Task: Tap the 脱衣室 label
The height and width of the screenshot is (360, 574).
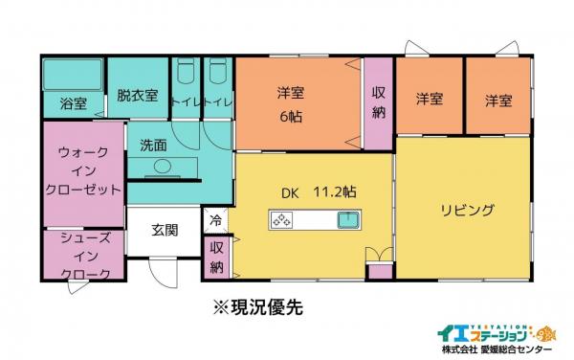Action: click(136, 97)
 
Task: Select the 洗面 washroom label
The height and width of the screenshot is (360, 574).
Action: click(153, 146)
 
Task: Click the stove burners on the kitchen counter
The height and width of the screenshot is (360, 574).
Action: click(284, 222)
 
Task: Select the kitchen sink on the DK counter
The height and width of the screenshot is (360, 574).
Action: click(347, 222)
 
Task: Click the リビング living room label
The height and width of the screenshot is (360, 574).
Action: click(467, 210)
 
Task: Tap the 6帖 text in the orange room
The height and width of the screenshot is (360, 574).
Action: click(290, 116)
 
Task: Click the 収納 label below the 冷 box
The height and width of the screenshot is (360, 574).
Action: click(216, 256)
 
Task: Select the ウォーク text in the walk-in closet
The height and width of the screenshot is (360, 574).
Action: click(83, 151)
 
